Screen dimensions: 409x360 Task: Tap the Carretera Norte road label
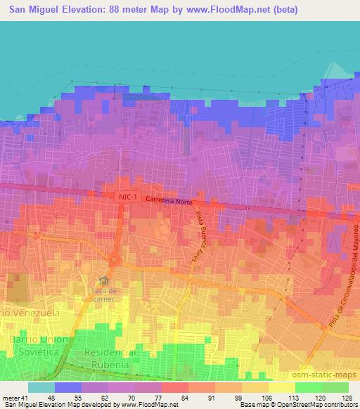point(169,201)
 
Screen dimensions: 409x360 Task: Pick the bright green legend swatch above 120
point(308,387)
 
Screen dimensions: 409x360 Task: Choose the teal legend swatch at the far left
point(41,387)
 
